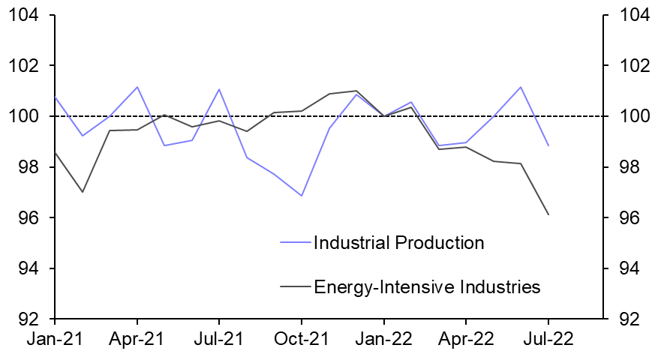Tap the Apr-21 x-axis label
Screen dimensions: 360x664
point(137,338)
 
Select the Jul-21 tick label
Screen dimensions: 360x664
point(218,338)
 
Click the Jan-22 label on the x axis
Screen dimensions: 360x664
point(383,338)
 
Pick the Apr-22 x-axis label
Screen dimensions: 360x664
point(465,338)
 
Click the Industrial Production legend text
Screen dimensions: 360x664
point(398,243)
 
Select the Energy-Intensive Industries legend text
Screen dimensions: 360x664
point(427,286)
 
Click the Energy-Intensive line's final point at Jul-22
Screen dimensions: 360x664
point(548,214)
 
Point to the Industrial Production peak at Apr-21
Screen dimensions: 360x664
point(137,87)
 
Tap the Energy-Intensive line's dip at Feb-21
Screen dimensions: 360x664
point(83,192)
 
